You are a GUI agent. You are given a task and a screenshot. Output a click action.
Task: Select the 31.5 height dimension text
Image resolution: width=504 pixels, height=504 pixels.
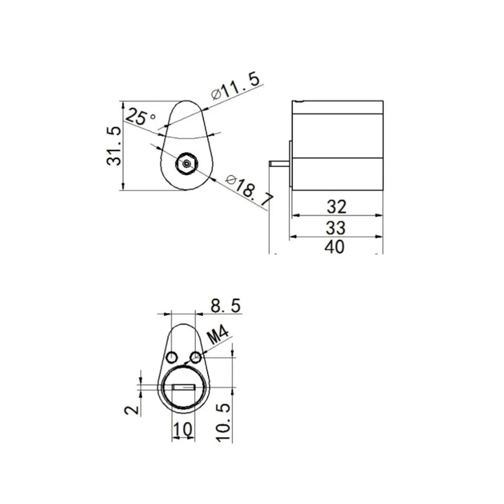click(x=114, y=146)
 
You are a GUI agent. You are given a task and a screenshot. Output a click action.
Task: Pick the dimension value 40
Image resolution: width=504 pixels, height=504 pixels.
click(x=336, y=247)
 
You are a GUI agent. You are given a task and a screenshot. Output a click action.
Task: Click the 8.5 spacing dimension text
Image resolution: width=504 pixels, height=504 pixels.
click(x=225, y=306)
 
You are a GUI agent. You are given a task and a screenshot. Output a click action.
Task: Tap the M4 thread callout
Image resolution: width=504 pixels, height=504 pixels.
click(x=219, y=337)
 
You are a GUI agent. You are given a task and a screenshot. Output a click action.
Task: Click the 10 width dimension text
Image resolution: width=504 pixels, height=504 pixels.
click(x=183, y=429)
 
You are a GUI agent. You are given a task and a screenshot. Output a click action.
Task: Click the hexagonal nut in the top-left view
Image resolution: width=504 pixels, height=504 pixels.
click(x=185, y=164)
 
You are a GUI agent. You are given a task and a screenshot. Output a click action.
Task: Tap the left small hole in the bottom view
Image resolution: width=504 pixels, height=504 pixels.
click(x=171, y=357)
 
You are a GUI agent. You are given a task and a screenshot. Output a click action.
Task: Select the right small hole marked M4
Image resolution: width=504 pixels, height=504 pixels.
click(x=195, y=357)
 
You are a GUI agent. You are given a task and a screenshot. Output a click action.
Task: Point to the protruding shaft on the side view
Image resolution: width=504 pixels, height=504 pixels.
click(x=278, y=163)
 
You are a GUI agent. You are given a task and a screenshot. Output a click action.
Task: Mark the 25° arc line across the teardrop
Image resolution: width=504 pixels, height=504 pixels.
click(x=185, y=136)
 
